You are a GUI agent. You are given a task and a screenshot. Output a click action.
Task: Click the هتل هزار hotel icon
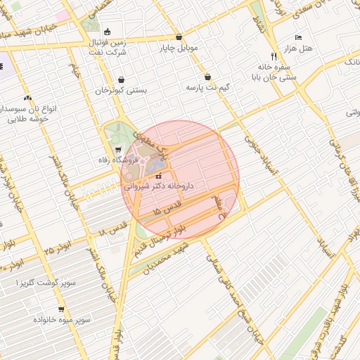pyautogui.click(x=298, y=37)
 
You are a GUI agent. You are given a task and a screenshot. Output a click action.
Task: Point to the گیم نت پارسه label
pyautogui.click(x=207, y=89)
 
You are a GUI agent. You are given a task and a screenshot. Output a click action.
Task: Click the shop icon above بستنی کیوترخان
pyautogui.click(x=123, y=79)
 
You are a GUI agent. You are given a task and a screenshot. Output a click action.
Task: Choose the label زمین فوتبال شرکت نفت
pyautogui.click(x=107, y=48)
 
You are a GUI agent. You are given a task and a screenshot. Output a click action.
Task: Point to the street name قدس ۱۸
pyautogui.click(x=113, y=227)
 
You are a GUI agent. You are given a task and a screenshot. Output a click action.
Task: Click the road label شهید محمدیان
pyautogui.click(x=166, y=258)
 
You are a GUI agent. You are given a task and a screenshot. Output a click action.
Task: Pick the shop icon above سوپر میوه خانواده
pyautogui.click(x=61, y=309)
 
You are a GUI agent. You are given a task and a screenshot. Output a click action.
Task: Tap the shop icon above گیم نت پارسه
pyautogui.click(x=208, y=77)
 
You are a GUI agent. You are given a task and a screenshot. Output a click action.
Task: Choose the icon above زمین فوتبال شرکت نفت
pyautogui.click(x=107, y=32)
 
